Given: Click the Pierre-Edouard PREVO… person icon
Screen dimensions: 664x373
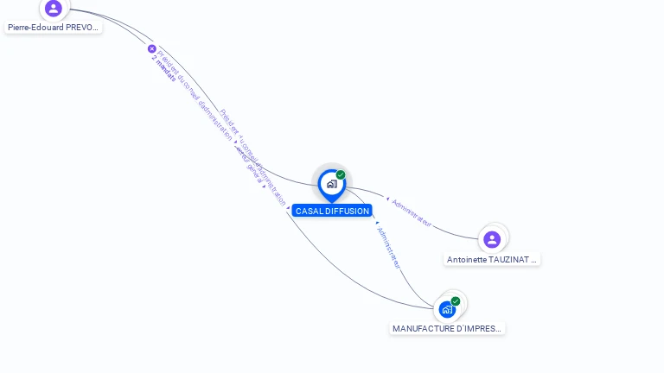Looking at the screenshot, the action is [54, 9].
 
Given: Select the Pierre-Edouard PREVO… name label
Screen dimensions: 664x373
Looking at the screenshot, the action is [54, 28].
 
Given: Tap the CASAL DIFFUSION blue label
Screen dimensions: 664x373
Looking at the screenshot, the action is [332, 211].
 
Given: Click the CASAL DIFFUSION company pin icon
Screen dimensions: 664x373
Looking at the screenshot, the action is [331, 184].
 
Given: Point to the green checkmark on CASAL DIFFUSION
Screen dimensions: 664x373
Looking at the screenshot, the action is [341, 174].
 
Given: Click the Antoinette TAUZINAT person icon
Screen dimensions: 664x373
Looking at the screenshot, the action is [492, 239].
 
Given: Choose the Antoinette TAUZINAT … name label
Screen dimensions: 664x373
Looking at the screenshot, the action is [492, 259].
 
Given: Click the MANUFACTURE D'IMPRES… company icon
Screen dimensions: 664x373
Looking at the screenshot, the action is [447, 308].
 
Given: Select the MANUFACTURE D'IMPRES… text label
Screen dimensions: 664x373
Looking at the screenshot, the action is [447, 328].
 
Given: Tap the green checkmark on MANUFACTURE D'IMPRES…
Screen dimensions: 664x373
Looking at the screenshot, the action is [456, 300].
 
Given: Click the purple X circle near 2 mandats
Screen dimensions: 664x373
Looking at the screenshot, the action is [152, 49].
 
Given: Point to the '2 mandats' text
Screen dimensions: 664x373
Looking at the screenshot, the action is [163, 68].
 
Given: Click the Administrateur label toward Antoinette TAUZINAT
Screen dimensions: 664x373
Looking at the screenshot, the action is [412, 212].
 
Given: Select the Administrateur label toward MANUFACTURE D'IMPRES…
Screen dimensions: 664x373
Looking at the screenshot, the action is [388, 247].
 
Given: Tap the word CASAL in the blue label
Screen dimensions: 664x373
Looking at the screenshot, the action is [309, 211].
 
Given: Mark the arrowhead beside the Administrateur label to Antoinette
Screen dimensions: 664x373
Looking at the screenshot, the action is [387, 199].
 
